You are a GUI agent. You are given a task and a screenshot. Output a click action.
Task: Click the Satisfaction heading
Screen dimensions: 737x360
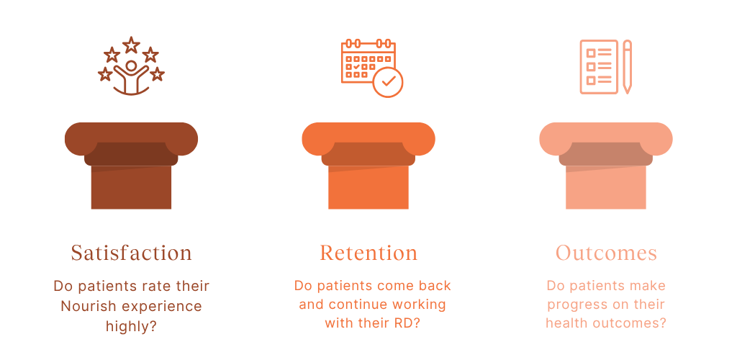point(131,253)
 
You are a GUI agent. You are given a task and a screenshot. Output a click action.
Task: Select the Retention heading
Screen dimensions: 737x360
point(368,253)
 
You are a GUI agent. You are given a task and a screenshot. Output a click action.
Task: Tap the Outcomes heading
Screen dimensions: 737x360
point(606,253)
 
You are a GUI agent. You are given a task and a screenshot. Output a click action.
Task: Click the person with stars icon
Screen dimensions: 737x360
point(131,66)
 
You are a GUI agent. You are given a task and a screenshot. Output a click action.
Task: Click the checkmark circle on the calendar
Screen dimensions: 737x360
point(388,82)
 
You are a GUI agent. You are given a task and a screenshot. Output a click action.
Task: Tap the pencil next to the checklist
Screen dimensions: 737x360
point(627,67)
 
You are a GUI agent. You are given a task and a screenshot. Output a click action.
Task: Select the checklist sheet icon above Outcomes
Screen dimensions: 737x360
point(598,67)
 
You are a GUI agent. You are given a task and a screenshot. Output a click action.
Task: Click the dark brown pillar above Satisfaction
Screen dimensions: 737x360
point(131,166)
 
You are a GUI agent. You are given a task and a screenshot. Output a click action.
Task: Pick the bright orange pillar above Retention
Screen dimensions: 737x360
point(368,166)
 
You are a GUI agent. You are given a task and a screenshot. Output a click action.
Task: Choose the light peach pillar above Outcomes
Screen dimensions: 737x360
point(606,166)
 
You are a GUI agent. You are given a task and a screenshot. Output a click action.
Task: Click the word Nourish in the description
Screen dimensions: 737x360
point(90,307)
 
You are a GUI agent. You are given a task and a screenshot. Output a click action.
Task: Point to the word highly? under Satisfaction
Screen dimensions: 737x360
point(131,326)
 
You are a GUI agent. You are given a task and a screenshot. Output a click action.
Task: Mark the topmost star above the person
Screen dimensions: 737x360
point(131,45)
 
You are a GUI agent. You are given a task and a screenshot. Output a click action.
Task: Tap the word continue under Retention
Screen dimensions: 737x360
point(354,305)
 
